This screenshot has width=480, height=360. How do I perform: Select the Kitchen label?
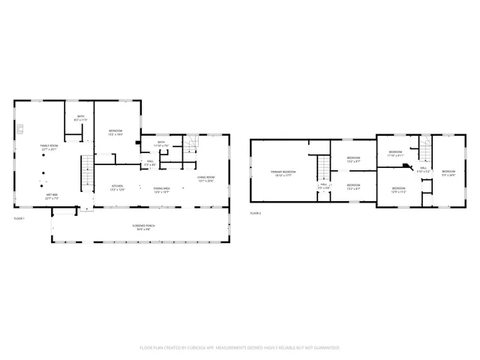click(x=118, y=187)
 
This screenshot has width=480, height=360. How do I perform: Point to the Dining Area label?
click(x=162, y=190)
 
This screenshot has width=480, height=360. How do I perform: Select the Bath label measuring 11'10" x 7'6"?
click(x=162, y=143)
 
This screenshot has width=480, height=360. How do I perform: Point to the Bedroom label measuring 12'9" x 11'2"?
click(x=397, y=190)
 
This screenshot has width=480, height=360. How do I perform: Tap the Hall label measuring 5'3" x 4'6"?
click(x=150, y=162)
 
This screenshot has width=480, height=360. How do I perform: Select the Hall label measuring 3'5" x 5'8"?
click(x=324, y=185)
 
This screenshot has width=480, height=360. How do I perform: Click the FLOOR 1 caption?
click(x=20, y=218)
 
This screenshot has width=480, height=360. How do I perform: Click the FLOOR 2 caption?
click(x=256, y=214)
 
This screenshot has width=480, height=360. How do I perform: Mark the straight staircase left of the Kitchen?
click(x=86, y=174)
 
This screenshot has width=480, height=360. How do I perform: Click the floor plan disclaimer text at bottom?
click(x=240, y=348)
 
